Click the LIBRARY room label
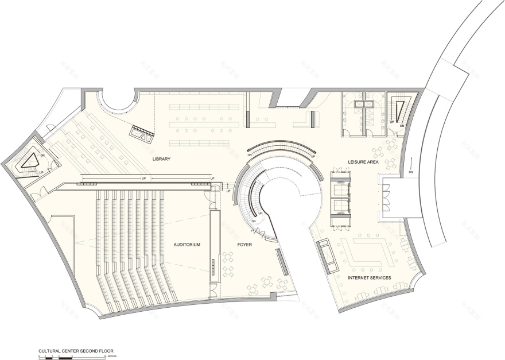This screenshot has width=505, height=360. coord(162,158)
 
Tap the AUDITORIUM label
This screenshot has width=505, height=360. coord(187,245)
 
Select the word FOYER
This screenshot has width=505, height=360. coord(245,245)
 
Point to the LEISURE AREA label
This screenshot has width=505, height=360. coord(361,162)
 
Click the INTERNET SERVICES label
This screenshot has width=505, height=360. coord(370,278)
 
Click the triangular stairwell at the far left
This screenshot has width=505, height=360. coord(29,161)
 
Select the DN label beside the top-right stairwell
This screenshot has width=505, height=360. coord(402,125)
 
